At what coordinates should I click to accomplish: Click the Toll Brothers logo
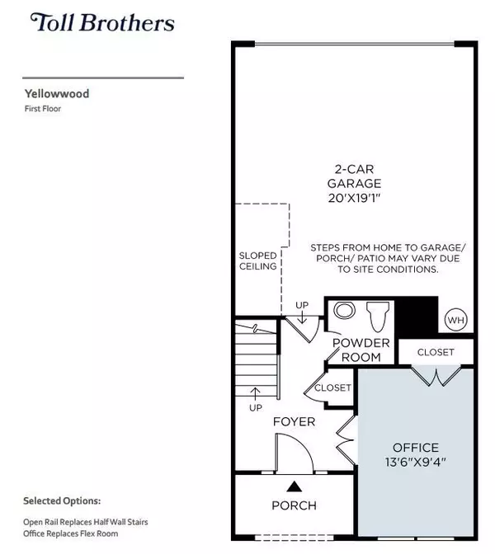click(102, 22)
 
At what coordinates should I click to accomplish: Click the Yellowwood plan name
click(56, 94)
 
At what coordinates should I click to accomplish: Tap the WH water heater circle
click(455, 320)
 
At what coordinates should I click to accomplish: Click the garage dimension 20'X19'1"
click(356, 199)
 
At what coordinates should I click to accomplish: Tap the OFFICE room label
click(416, 448)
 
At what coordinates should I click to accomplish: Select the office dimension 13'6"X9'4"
click(416, 462)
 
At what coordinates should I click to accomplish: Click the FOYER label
click(295, 422)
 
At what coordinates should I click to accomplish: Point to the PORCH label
click(294, 505)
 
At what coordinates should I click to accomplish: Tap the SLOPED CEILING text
click(258, 261)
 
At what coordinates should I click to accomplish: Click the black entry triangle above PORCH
click(294, 484)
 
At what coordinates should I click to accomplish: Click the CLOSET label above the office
click(436, 352)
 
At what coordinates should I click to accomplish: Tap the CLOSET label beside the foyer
click(333, 387)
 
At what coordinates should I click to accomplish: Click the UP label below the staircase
click(256, 407)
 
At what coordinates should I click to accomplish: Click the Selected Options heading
click(62, 500)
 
